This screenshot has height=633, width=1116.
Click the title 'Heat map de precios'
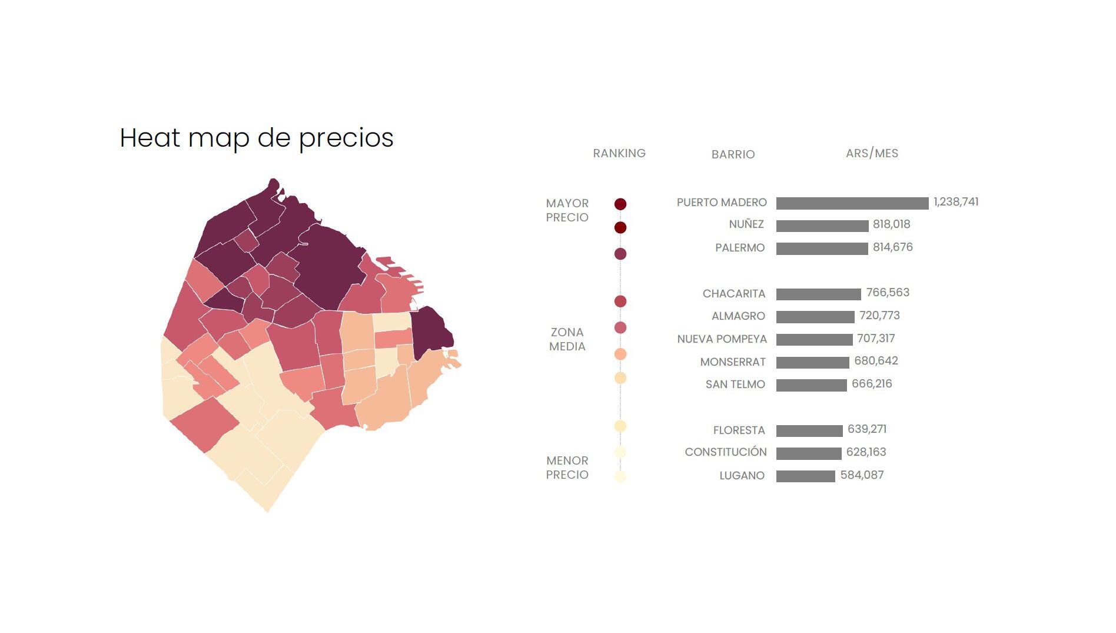click(x=257, y=138)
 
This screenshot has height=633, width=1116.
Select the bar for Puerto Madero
click(x=852, y=203)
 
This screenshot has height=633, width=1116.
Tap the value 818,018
click(x=891, y=224)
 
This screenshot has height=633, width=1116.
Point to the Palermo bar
click(x=822, y=248)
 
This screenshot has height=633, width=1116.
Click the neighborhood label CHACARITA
click(x=733, y=293)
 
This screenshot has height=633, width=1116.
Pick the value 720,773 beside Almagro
click(x=879, y=316)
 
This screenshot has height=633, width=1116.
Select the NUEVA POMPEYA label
click(x=722, y=339)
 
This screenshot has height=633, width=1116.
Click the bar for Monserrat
click(x=812, y=363)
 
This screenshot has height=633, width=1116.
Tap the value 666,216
click(x=872, y=384)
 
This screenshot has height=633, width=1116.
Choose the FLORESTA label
click(x=739, y=430)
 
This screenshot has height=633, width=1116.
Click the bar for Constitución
click(x=809, y=453)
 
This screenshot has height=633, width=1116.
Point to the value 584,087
click(x=862, y=475)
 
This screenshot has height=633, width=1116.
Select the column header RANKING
click(x=619, y=154)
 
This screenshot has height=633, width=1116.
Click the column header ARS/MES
click(x=872, y=154)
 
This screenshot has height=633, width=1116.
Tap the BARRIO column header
click(x=733, y=154)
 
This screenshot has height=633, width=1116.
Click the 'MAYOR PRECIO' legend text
click(x=567, y=210)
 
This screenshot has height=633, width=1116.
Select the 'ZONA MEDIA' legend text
click(x=567, y=339)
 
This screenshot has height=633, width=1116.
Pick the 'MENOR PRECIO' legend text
click(x=567, y=468)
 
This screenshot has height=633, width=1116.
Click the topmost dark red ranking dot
click(x=620, y=204)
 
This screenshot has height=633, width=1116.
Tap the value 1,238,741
click(x=956, y=202)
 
